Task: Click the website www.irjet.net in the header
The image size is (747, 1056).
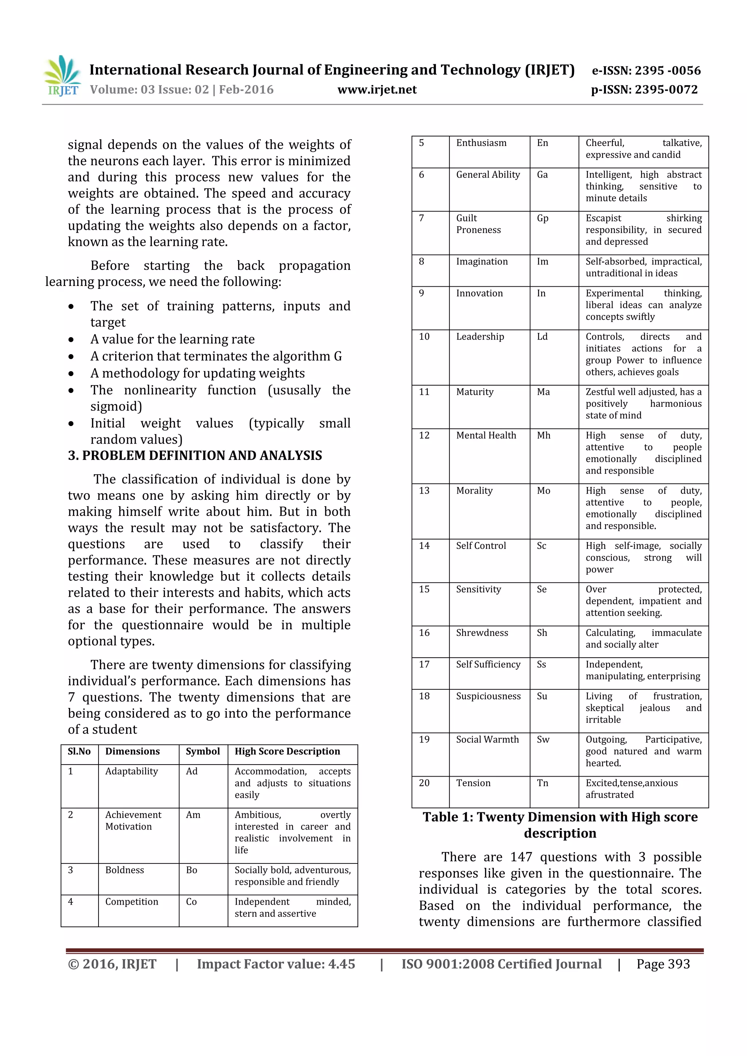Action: click(x=377, y=90)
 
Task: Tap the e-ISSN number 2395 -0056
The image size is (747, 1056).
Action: click(x=667, y=71)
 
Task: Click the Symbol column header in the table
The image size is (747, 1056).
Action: click(x=203, y=751)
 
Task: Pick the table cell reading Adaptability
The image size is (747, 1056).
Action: click(x=132, y=771)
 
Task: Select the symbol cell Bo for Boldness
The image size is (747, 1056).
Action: click(x=191, y=870)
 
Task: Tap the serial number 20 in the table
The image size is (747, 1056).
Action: click(x=424, y=783)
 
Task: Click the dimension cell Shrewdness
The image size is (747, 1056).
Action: click(x=482, y=633)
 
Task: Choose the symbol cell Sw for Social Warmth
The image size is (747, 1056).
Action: click(x=543, y=740)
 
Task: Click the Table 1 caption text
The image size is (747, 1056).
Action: click(x=560, y=825)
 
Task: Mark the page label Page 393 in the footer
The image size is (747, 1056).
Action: click(x=663, y=964)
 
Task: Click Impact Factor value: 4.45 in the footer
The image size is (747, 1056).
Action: click(x=276, y=964)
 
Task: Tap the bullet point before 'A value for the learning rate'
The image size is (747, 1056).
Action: click(x=71, y=340)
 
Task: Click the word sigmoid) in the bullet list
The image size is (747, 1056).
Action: click(x=116, y=407)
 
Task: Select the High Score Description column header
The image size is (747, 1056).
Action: click(x=287, y=751)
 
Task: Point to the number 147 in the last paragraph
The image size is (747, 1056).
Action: click(x=521, y=857)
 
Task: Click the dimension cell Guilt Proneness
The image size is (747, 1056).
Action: click(x=479, y=224)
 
